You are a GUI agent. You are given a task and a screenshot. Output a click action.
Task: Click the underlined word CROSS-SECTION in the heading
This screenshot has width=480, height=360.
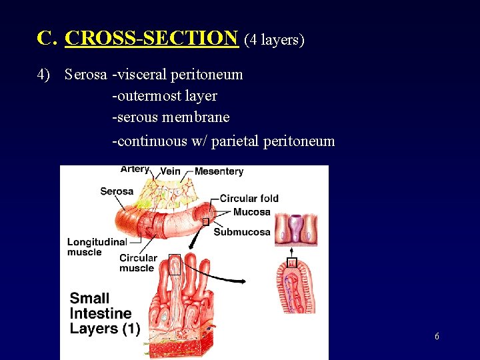[151, 39]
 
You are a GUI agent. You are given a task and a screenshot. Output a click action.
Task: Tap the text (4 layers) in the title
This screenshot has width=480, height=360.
[274, 40]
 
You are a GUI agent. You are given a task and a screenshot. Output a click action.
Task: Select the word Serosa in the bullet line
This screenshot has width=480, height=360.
[86, 75]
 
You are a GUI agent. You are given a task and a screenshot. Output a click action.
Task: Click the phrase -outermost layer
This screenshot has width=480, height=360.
[164, 96]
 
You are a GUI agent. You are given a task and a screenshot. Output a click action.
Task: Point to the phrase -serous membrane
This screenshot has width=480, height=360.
[171, 117]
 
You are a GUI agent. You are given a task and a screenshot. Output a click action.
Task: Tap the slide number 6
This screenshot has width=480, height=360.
[437, 337]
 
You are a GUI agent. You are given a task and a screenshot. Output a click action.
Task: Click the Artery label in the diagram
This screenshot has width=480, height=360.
[135, 169]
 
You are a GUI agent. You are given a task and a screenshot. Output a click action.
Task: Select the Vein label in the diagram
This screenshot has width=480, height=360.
[171, 171]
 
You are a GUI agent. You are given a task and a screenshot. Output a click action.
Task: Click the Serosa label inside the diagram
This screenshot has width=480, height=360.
[117, 191]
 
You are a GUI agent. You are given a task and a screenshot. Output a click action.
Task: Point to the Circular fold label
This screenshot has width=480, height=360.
[249, 198]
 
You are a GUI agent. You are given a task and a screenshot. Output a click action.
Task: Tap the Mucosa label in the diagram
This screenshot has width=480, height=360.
[252, 212]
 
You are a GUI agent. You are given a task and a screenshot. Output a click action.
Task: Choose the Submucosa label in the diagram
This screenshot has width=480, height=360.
[242, 232]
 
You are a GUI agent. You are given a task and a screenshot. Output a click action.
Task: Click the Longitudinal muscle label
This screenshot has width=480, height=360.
[97, 247]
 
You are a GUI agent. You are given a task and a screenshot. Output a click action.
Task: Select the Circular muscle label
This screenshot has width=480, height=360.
[138, 263]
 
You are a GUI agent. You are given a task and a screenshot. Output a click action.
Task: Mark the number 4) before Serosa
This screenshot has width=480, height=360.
[44, 75]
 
